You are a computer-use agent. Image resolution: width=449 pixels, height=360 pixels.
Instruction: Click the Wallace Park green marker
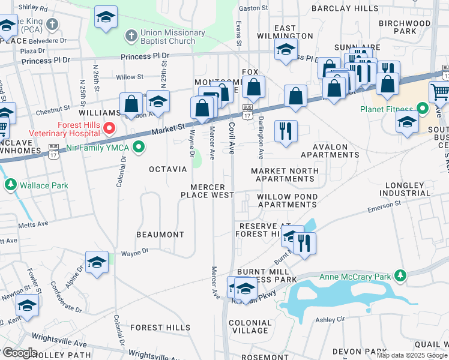tap(10, 185)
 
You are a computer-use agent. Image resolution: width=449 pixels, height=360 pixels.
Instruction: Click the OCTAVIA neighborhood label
tap(168, 169)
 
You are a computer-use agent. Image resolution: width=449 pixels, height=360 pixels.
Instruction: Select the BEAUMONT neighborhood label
tap(160, 234)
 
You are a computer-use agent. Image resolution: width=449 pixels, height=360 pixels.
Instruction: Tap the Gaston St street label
tap(253, 8)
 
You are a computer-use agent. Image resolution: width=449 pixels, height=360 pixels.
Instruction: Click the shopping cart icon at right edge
tap(440, 92)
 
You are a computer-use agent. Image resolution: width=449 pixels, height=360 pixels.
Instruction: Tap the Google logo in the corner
tap(20, 353)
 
